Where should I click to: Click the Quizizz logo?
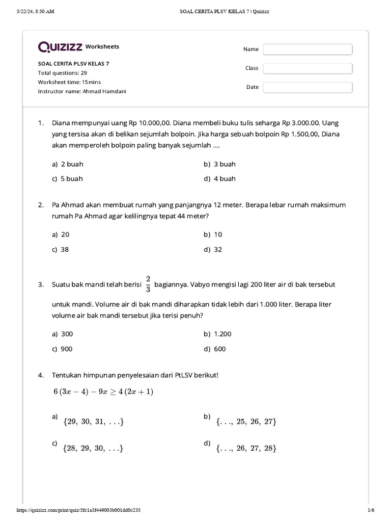coord(61,47)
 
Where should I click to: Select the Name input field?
coord(308,49)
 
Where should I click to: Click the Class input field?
coord(308,68)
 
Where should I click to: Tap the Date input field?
coord(308,87)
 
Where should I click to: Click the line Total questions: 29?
coord(63,73)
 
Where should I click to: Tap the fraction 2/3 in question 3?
coord(148,284)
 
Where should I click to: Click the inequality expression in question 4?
coord(103,391)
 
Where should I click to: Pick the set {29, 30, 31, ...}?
coord(94,422)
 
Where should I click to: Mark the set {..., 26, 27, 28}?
coord(246,448)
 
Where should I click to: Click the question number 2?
coord(40,205)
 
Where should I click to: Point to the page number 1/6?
coord(371,510)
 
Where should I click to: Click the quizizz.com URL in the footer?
coord(79,510)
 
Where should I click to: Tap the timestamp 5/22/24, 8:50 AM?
coord(35,12)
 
